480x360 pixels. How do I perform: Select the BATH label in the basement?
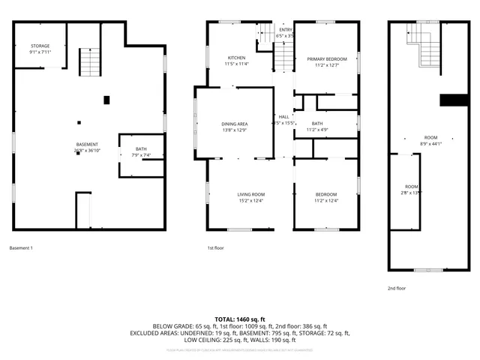click(x=141, y=152)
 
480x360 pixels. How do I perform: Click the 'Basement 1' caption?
click(x=21, y=247)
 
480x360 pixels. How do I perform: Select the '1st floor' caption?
click(x=215, y=247)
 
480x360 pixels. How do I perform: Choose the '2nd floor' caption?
click(x=396, y=287)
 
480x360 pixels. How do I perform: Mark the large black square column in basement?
click(x=106, y=99)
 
